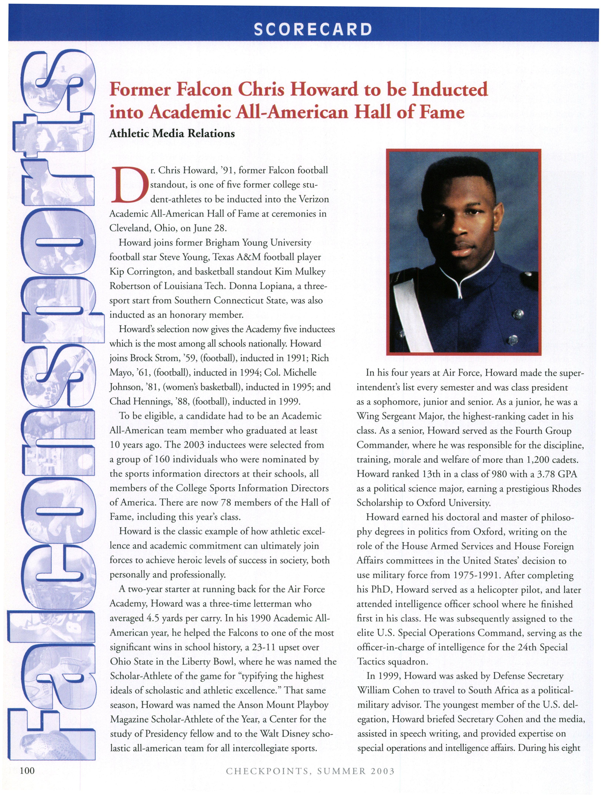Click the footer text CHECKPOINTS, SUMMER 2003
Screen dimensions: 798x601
click(310, 771)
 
